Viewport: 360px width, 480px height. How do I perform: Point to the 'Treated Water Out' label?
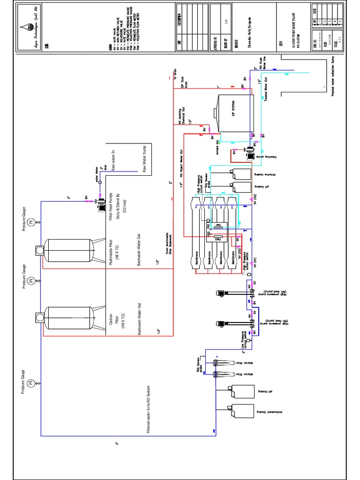(x=266, y=90)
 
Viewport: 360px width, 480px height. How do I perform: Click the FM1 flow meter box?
(x=217, y=225)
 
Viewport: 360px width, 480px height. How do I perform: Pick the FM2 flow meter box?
(x=217, y=239)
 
